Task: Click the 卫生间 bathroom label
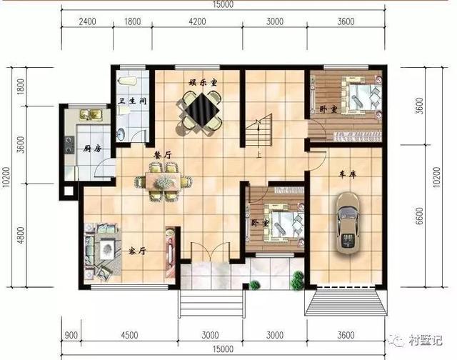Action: (x=132, y=101)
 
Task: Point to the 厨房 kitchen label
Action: (x=92, y=149)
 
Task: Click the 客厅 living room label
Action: (x=137, y=251)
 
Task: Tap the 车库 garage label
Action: (x=348, y=174)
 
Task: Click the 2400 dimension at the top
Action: (x=87, y=21)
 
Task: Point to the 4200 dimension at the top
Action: (x=197, y=21)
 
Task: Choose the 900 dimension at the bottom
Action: (x=71, y=335)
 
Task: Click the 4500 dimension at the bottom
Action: (x=129, y=335)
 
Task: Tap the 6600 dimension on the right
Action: (x=419, y=216)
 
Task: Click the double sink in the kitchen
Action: (x=91, y=114)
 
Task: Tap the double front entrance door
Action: (x=211, y=252)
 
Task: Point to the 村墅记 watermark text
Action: (x=426, y=341)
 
